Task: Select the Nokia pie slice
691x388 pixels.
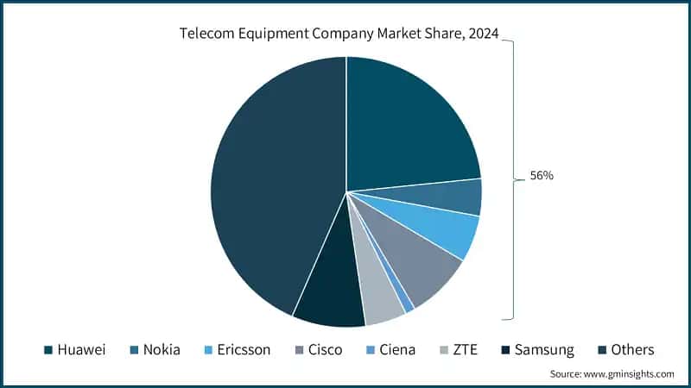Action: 463,197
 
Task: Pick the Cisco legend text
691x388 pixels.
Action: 325,349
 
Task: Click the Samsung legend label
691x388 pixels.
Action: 545,349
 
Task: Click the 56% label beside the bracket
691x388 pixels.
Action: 542,176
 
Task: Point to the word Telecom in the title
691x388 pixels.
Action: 207,35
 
